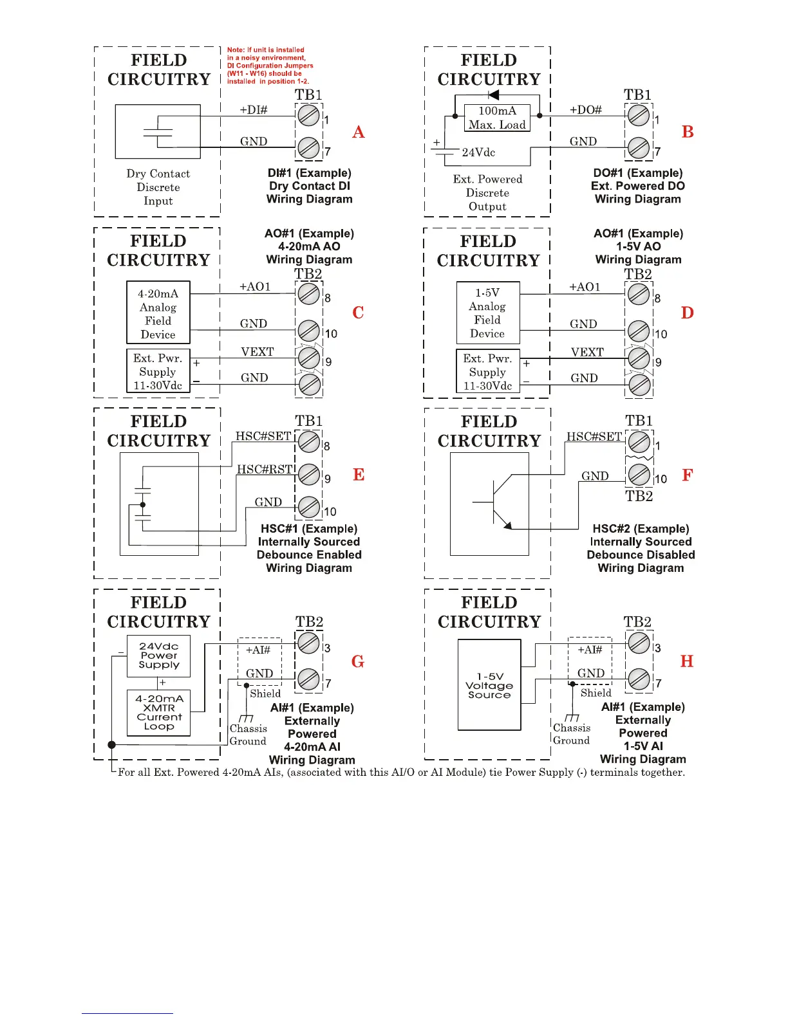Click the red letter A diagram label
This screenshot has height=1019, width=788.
pyautogui.click(x=359, y=132)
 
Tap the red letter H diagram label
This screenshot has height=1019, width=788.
pyautogui.click(x=687, y=661)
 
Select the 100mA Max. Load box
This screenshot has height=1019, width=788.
pyautogui.click(x=497, y=118)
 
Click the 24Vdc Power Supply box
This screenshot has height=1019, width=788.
pyautogui.click(x=158, y=656)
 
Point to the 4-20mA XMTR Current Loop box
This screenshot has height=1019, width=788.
pyautogui.click(x=158, y=712)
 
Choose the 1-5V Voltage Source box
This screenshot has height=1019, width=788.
pyautogui.click(x=489, y=685)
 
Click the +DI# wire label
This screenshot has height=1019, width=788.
pyautogui.click(x=254, y=110)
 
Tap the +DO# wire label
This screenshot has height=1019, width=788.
pyautogui.click(x=585, y=110)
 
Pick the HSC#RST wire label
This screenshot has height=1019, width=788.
pyautogui.click(x=265, y=470)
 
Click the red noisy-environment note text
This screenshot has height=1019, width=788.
pyautogui.click(x=270, y=66)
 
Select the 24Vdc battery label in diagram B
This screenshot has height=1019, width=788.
pyautogui.click(x=478, y=152)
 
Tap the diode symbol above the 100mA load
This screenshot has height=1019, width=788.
pyautogui.click(x=494, y=96)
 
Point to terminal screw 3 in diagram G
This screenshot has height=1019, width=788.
pyautogui.click(x=309, y=642)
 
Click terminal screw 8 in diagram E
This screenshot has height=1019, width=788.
pyautogui.click(x=310, y=441)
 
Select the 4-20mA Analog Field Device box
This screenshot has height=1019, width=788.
pyautogui.click(x=158, y=313)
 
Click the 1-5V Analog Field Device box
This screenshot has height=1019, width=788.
pyautogui.click(x=487, y=313)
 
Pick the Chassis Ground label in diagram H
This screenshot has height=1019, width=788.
pyautogui.click(x=571, y=734)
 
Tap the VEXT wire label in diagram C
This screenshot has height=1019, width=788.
pyautogui.click(x=258, y=352)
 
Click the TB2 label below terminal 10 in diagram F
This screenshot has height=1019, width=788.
pyautogui.click(x=639, y=496)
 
